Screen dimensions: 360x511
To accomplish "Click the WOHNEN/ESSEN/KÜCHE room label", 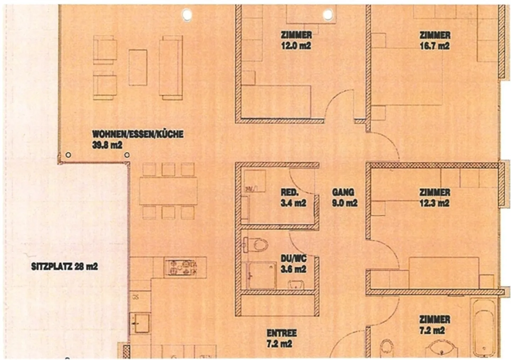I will click(x=138, y=134).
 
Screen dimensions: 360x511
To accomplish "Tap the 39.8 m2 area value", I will click(x=107, y=145).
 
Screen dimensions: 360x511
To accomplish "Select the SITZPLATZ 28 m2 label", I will click(x=64, y=266).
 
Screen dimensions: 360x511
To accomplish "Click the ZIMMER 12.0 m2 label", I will click(x=296, y=40).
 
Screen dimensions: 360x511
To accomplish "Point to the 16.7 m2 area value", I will click(x=435, y=46).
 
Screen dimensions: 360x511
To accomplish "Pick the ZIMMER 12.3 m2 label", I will click(x=435, y=198).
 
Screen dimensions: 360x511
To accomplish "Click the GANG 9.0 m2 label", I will click(x=344, y=198).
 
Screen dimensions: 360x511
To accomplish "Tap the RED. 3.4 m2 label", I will click(x=293, y=198).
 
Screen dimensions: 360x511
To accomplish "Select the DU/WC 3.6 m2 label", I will click(x=293, y=263).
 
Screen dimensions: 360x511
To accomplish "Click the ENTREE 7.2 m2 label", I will click(x=281, y=338).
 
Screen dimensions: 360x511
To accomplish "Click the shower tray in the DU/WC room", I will click(x=262, y=276).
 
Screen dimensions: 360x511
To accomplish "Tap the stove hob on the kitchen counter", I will click(x=181, y=267).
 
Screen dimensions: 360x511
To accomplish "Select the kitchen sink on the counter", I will click(x=140, y=323).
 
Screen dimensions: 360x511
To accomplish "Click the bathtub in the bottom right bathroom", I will click(x=484, y=327).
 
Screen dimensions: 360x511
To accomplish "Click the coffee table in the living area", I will click(x=138, y=67).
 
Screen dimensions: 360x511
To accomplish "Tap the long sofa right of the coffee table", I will click(x=171, y=67).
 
